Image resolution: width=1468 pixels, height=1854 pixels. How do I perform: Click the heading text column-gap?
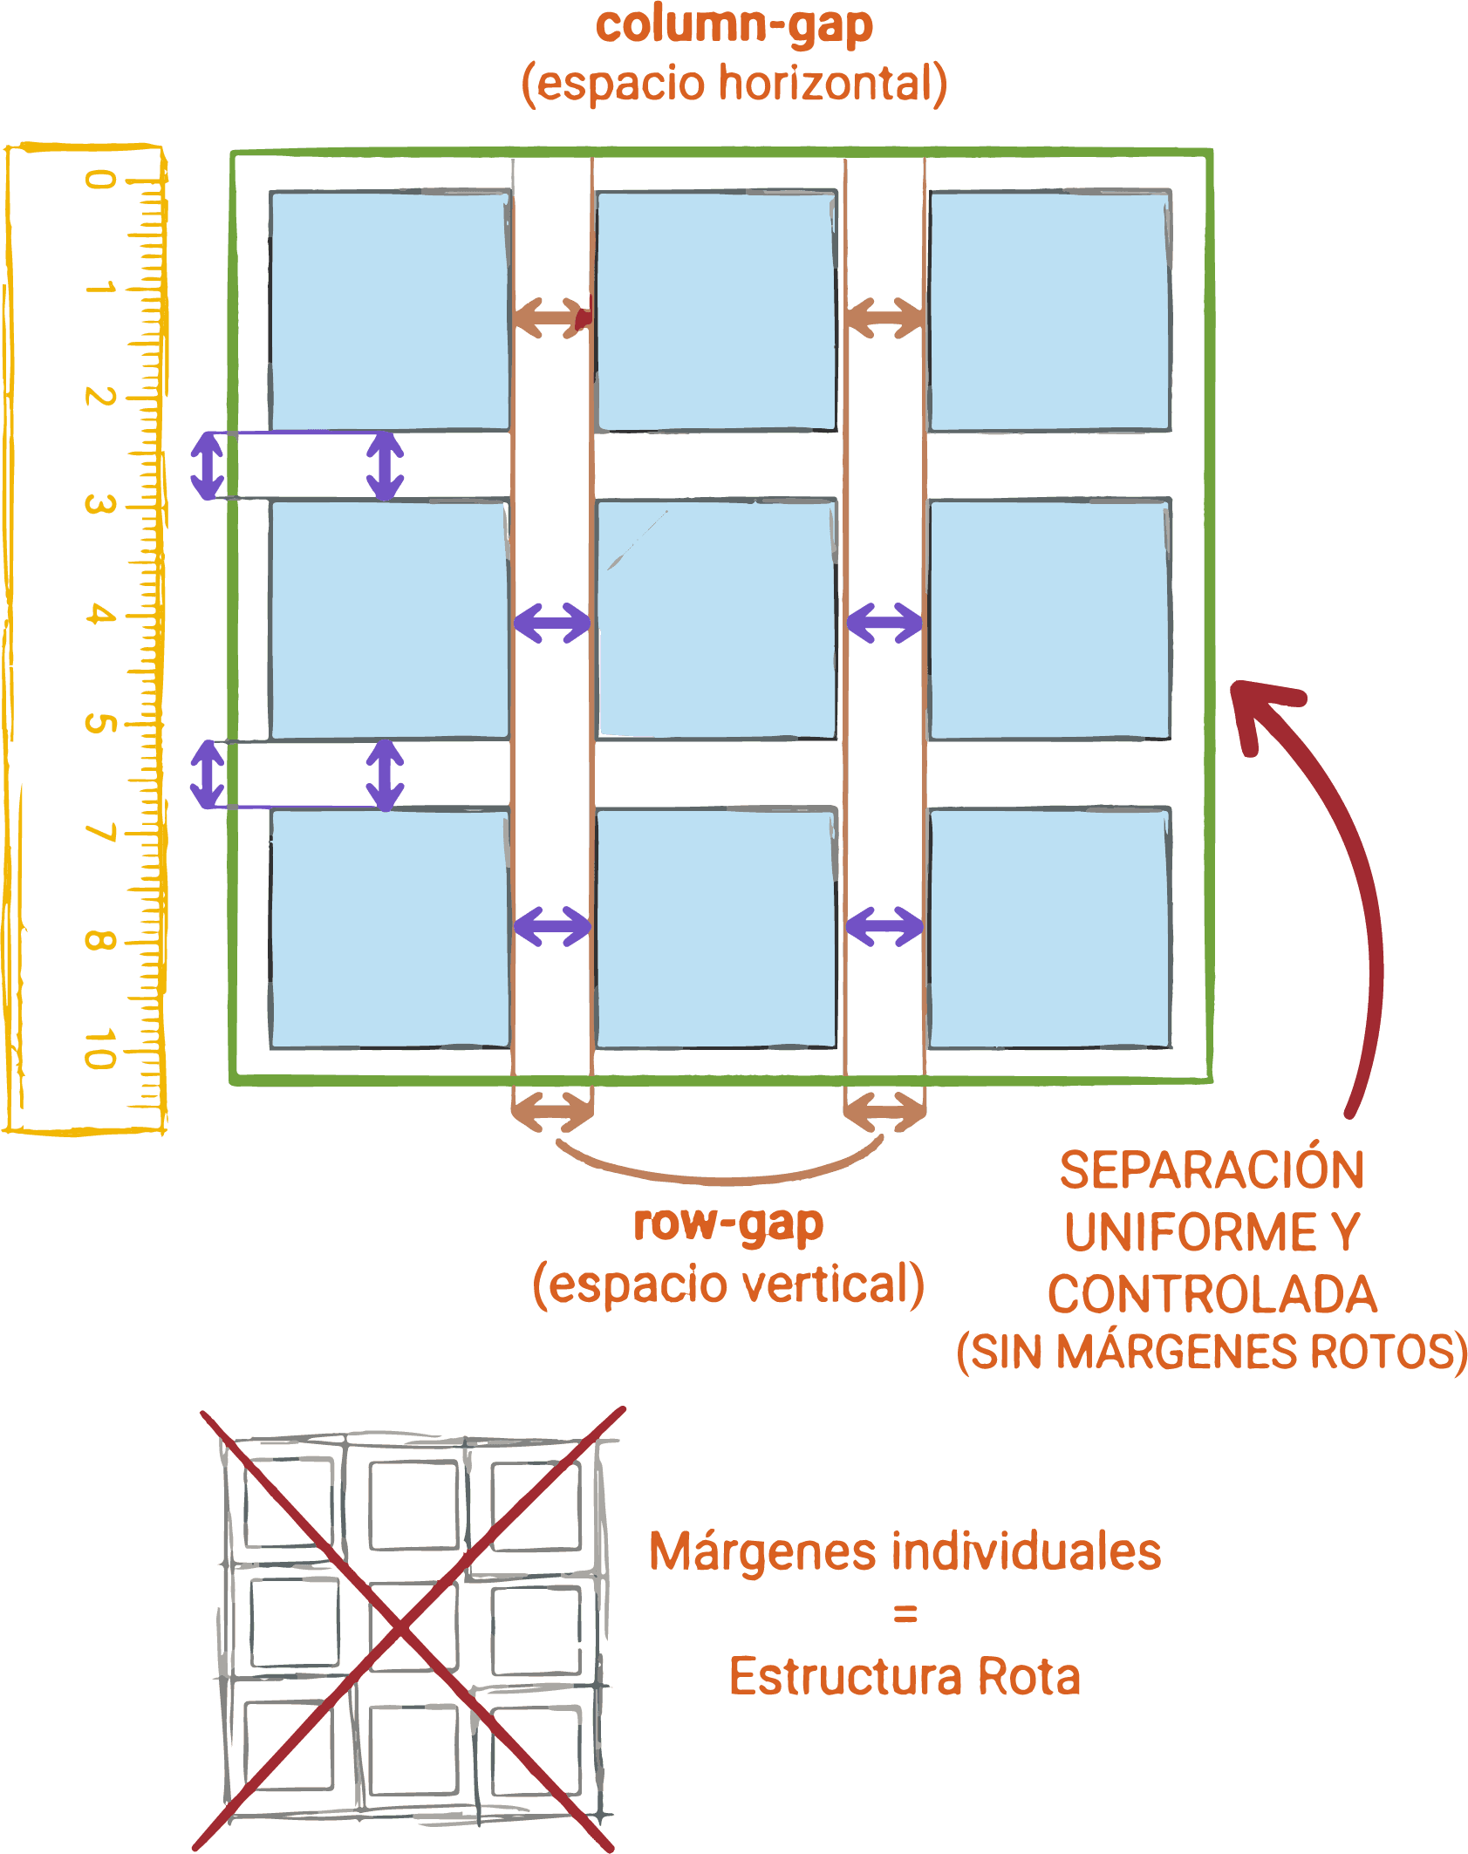(x=734, y=26)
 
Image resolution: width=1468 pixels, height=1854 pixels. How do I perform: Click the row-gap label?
(x=728, y=1224)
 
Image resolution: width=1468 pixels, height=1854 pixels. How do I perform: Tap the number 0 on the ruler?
(x=100, y=180)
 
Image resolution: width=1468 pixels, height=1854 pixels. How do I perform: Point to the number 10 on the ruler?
(x=100, y=1048)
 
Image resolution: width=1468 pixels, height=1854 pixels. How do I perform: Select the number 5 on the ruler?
(x=100, y=723)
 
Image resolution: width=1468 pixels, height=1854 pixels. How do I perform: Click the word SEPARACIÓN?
(x=1212, y=1170)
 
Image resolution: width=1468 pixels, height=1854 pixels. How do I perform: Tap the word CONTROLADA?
(x=1212, y=1294)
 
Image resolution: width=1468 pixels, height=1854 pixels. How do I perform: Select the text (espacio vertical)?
(x=728, y=1285)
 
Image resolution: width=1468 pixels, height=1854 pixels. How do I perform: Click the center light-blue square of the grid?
(x=717, y=620)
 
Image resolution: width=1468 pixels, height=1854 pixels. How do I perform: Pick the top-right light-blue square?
(x=1049, y=311)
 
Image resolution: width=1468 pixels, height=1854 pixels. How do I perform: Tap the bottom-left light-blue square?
(x=390, y=929)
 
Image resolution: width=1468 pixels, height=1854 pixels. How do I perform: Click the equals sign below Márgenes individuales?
(x=905, y=1615)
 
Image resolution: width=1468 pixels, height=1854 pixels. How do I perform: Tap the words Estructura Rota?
(x=905, y=1676)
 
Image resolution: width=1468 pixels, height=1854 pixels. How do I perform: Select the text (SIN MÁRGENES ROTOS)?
(x=1212, y=1352)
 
